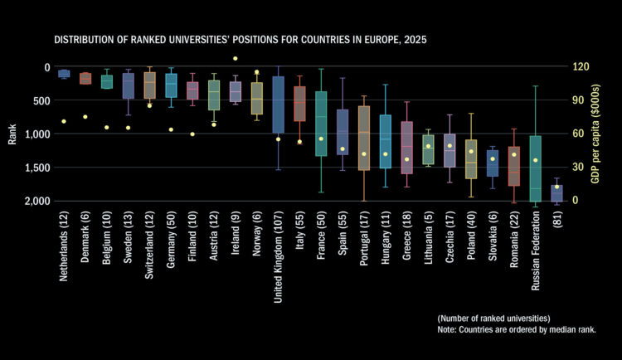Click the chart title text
tap(241, 40)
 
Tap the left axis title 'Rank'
tap(12, 134)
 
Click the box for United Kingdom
tap(278, 104)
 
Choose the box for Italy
tap(299, 104)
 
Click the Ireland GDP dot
tap(235, 58)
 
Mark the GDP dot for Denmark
tap(85, 117)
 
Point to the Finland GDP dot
tap(192, 134)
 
